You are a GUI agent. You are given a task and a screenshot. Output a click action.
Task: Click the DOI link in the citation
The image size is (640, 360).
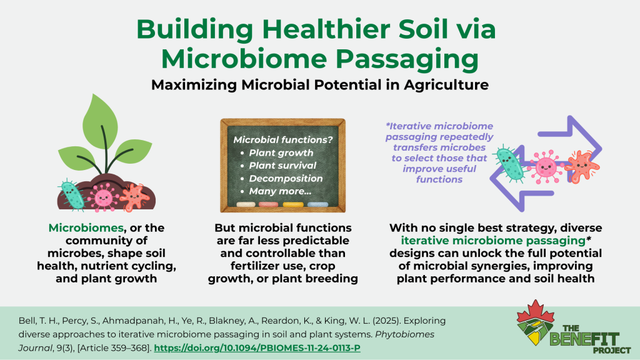[x=257, y=348]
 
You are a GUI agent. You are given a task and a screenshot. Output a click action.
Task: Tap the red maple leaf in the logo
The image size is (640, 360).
[x=536, y=312]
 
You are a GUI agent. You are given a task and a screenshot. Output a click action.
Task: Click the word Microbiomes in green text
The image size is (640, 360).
[x=86, y=227]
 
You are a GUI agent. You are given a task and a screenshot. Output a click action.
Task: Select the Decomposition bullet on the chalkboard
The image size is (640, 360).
[x=286, y=178]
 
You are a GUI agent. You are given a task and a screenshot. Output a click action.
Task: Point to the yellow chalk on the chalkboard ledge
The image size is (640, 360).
[x=293, y=204]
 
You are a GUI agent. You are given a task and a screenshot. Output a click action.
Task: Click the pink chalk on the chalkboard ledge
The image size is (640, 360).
[x=268, y=204]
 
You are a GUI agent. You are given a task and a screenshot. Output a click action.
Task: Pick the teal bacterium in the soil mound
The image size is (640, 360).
[x=72, y=195]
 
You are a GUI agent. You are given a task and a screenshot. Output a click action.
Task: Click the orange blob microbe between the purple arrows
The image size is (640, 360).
[x=581, y=166]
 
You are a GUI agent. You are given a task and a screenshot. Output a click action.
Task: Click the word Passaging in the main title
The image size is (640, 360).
[x=407, y=59]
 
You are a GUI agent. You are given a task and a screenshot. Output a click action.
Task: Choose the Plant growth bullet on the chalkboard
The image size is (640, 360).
[x=281, y=152]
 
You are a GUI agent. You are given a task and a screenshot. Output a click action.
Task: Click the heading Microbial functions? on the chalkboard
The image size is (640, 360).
[x=283, y=139]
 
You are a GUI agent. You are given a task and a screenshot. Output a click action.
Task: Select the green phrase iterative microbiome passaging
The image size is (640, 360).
[x=493, y=241]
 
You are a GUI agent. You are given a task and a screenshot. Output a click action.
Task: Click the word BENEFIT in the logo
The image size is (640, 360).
[x=584, y=339]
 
